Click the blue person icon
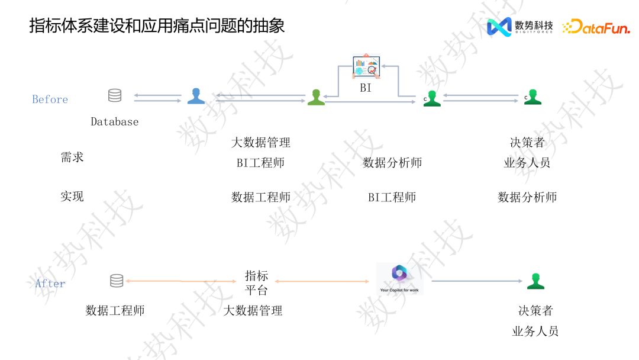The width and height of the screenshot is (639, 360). tap(196, 96)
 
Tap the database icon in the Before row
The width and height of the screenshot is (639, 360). tap(115, 95)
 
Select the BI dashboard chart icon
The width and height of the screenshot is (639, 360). tap(366, 66)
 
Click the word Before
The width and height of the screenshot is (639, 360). tap(50, 99)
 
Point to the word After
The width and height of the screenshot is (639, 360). tap(50, 284)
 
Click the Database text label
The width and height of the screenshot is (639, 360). tap(114, 122)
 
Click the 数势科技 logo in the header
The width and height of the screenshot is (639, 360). tap(519, 27)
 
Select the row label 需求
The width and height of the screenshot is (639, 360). tap(72, 157)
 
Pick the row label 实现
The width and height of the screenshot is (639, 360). tap(72, 197)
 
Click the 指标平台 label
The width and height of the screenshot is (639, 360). tap(257, 283)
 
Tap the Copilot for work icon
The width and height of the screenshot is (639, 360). tap(400, 278)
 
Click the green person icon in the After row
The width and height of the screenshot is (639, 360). tap(535, 281)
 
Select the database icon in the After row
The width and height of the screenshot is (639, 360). tap(117, 281)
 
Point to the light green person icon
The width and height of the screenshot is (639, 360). tap(316, 98)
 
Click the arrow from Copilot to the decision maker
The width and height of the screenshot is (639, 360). tap(477, 281)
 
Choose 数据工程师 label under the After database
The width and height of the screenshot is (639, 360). tap(115, 310)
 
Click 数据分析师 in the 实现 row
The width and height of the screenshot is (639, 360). tap(527, 197)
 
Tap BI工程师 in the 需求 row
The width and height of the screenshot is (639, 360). tap(260, 163)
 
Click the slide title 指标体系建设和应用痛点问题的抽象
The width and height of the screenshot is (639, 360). tap(157, 26)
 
